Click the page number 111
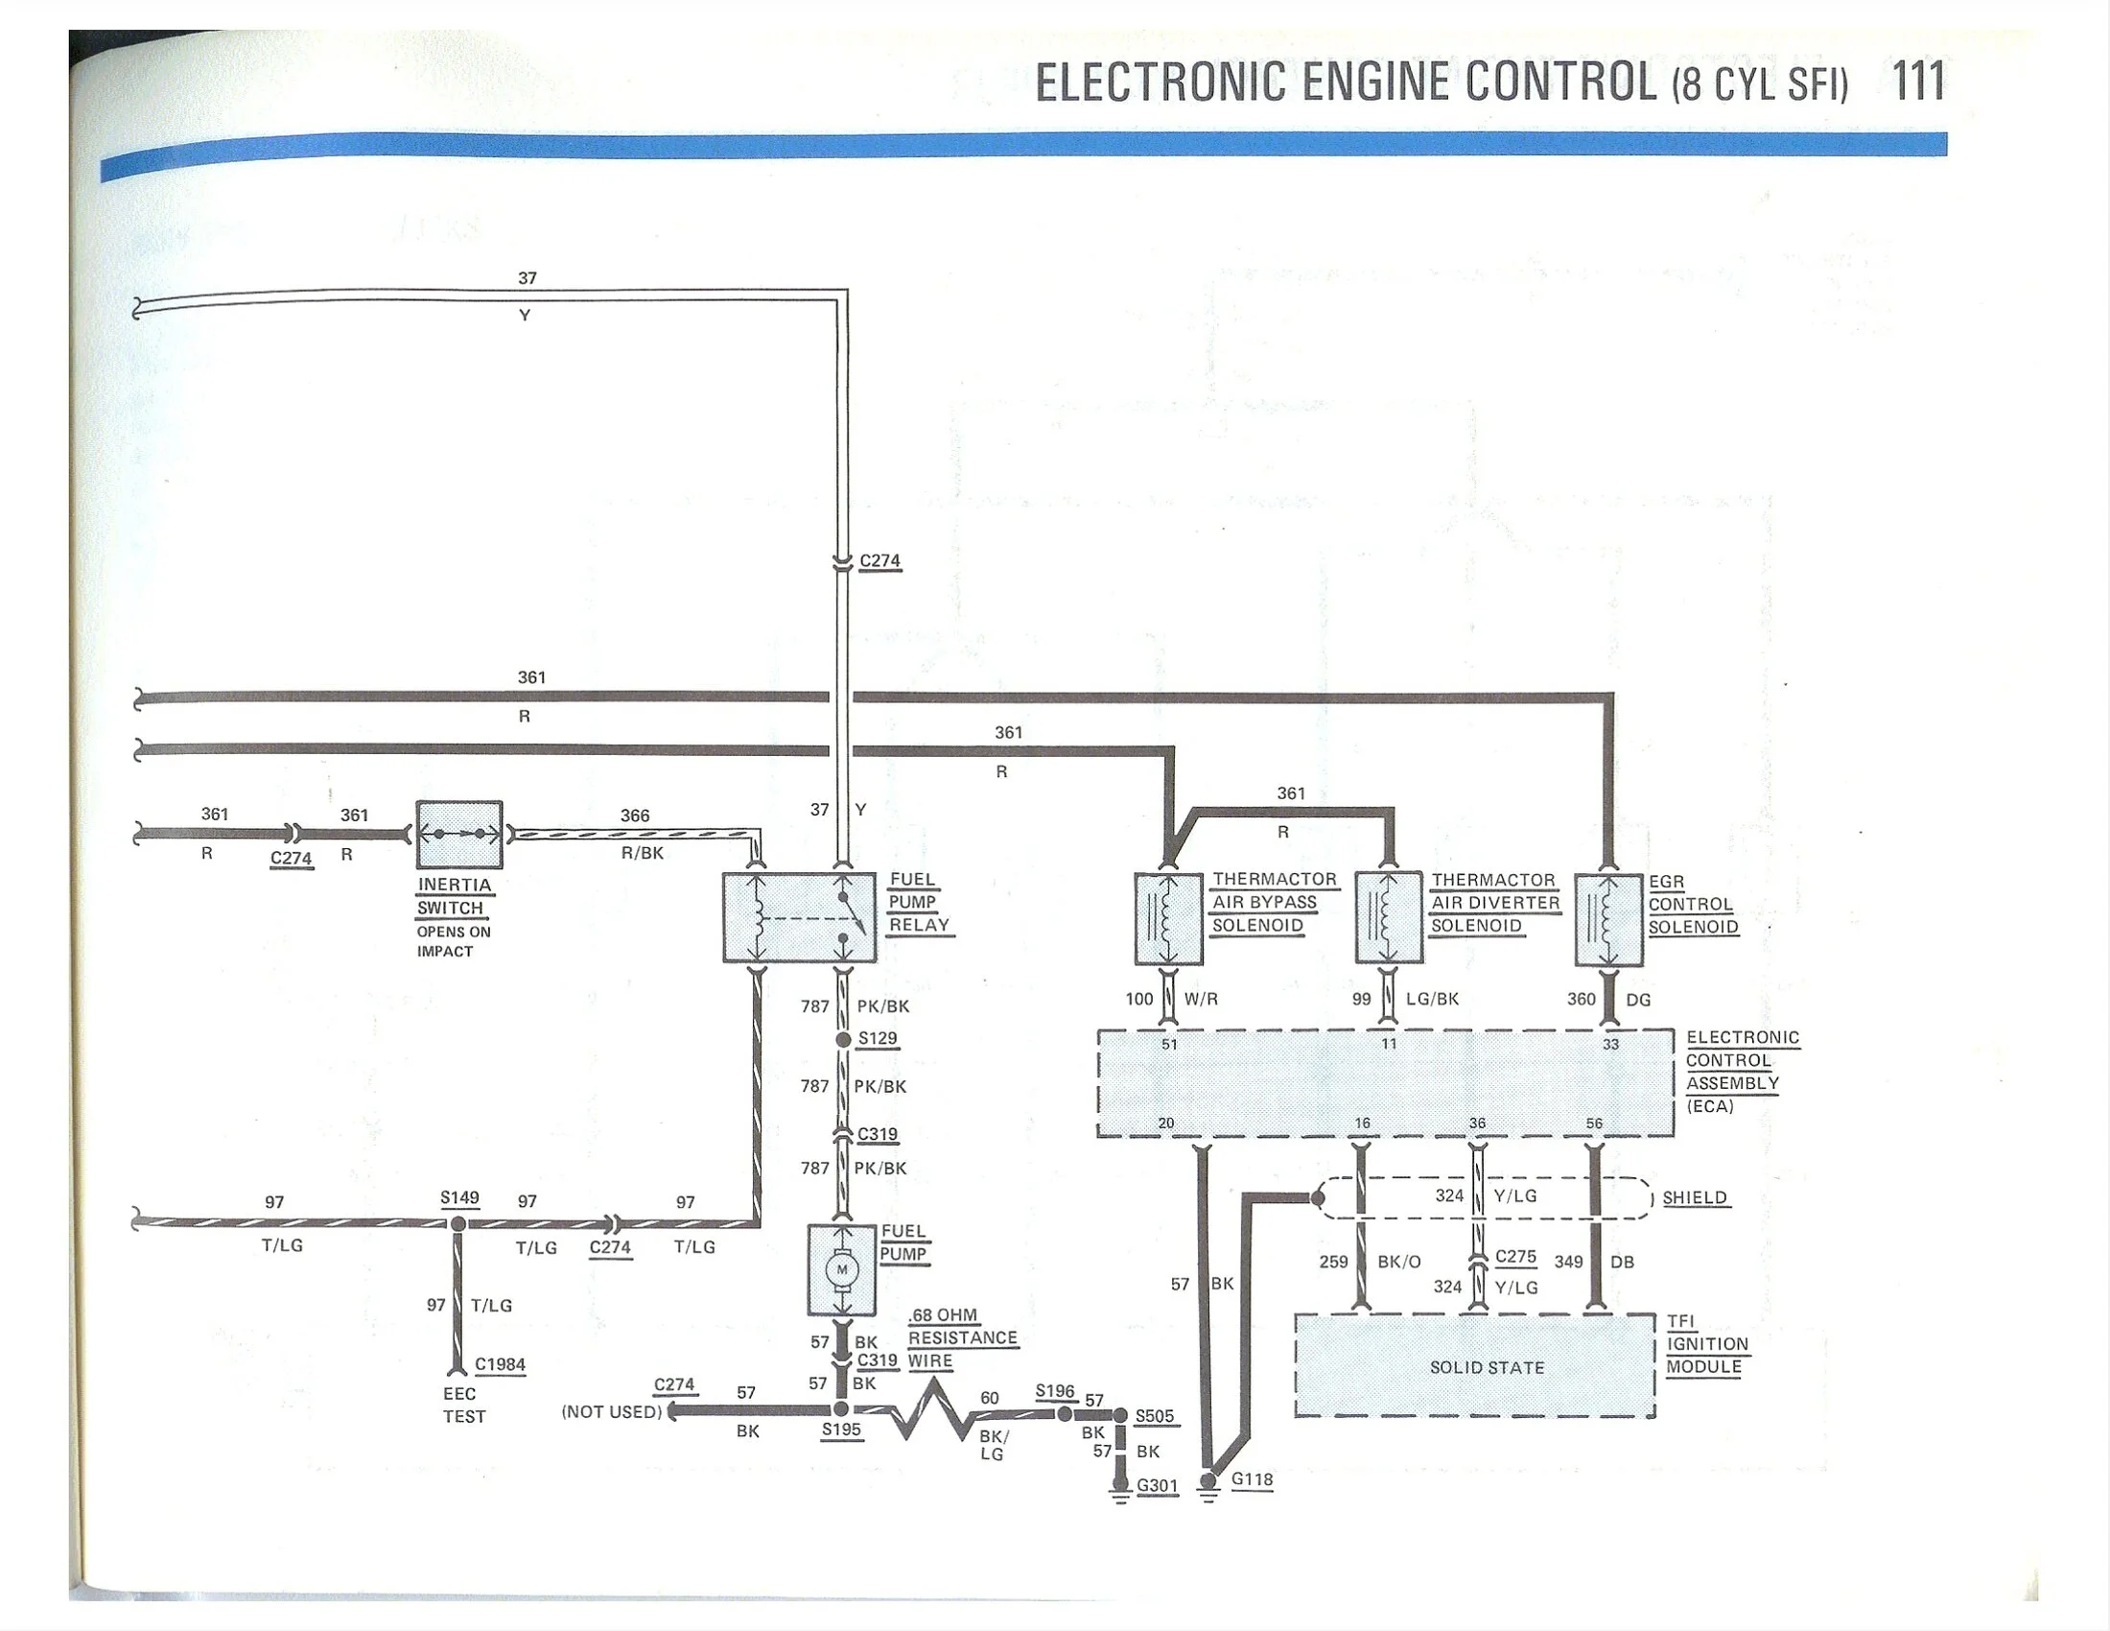pos(1918,82)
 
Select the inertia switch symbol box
pos(458,835)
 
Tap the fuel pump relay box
pos(800,918)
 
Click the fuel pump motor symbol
pos(841,1269)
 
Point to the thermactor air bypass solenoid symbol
pos(1168,919)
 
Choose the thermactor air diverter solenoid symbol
pos(1390,918)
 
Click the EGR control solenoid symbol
pos(1608,920)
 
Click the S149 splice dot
pos(458,1224)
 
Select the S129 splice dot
pos(842,1040)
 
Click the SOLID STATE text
pos(1487,1367)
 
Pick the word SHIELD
pos(1695,1197)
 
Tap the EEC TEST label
pos(463,1405)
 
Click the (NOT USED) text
pos(612,1411)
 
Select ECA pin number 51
pos(1169,1045)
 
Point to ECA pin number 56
pos(1594,1123)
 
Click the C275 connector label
pos(1515,1256)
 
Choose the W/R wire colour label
pos(1201,999)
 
